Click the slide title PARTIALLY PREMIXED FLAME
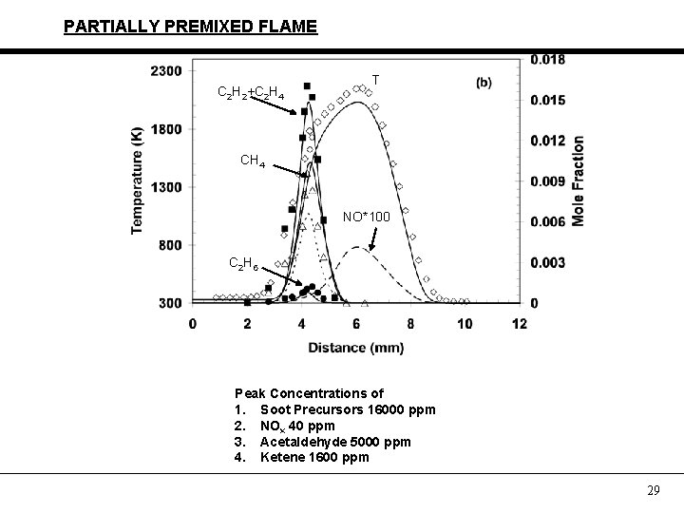190,27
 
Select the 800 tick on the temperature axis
171,245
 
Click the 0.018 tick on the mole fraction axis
547,60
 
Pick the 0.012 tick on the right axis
547,141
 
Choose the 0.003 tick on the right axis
547,262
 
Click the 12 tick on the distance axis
519,324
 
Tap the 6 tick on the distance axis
356,324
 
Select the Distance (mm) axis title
356,348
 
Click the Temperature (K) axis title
138,180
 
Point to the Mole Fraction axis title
578,180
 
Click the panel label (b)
484,83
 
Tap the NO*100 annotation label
366,218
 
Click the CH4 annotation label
253,161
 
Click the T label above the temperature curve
376,80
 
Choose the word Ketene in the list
280,458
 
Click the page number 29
653,490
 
